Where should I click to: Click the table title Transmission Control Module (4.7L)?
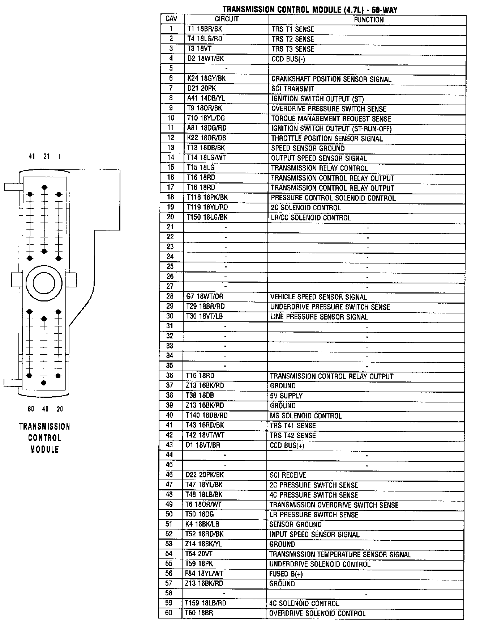(310, 10)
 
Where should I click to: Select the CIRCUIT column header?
(227, 19)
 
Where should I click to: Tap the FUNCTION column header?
(369, 20)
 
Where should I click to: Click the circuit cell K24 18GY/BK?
(207, 79)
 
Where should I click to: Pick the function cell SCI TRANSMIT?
(293, 89)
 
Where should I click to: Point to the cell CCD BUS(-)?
(288, 59)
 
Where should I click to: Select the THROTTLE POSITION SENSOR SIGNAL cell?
(327, 138)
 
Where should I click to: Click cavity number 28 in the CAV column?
(170, 296)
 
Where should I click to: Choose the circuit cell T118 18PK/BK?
(207, 198)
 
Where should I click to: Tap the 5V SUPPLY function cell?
(286, 396)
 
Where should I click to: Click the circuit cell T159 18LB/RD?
(206, 603)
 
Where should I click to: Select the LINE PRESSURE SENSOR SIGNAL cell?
(319, 317)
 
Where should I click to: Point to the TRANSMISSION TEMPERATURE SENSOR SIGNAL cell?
(340, 554)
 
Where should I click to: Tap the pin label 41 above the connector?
(32, 156)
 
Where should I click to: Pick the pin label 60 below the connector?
(31, 409)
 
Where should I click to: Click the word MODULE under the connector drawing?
(44, 449)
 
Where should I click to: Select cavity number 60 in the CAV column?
(169, 613)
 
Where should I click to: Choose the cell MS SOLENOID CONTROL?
(305, 415)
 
